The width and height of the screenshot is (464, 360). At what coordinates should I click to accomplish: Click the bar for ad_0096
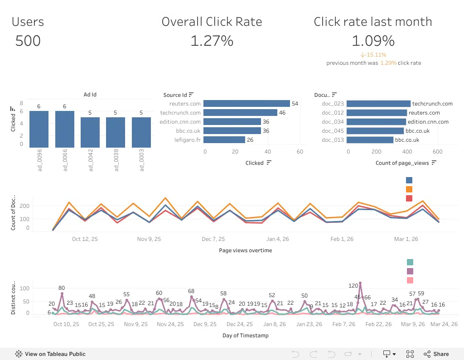pyautogui.click(x=39, y=129)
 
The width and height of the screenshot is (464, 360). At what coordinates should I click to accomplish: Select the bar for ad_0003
pyautogui.click(x=141, y=132)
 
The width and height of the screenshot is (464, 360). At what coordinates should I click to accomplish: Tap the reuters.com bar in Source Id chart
pyautogui.click(x=246, y=104)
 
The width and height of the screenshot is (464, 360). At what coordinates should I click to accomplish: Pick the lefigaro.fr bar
pyautogui.click(x=224, y=139)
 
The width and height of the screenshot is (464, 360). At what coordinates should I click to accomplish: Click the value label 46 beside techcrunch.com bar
pyautogui.click(x=282, y=113)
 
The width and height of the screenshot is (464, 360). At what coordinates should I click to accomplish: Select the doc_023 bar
pyautogui.click(x=378, y=104)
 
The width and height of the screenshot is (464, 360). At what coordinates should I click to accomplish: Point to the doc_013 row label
pyautogui.click(x=333, y=140)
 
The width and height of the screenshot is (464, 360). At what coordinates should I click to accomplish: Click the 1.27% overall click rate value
pyautogui.click(x=212, y=41)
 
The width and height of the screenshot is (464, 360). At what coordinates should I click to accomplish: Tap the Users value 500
pyautogui.click(x=28, y=41)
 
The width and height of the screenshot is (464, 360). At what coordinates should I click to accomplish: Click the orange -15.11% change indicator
pyautogui.click(x=373, y=55)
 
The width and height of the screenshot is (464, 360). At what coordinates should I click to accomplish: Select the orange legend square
pyautogui.click(x=409, y=189)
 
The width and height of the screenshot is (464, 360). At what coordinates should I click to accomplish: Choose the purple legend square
pyautogui.click(x=410, y=271)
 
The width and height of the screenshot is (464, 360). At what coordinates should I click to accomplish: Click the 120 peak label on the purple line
pyautogui.click(x=353, y=285)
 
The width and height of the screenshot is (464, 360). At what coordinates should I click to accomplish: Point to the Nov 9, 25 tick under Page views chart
pyautogui.click(x=149, y=239)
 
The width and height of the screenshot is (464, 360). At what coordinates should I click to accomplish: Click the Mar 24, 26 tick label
pyautogui.click(x=444, y=324)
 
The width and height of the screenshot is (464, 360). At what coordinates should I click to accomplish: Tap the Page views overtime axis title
pyautogui.click(x=245, y=250)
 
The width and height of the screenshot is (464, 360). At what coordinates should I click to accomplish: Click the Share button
pyautogui.click(x=436, y=354)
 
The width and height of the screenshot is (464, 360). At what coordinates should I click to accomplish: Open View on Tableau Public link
pyautogui.click(x=50, y=354)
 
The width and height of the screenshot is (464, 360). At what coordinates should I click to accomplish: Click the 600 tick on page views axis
pyautogui.click(x=437, y=151)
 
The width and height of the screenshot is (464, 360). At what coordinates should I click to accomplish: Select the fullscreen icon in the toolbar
pyautogui.click(x=410, y=354)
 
